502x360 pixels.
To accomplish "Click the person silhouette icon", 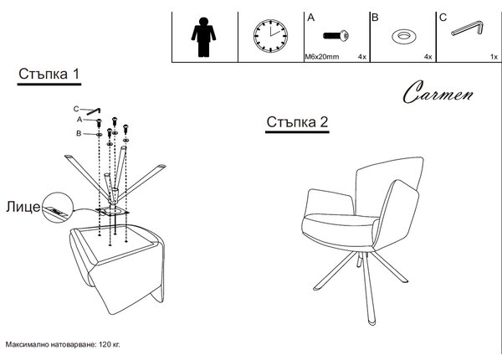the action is pyautogui.click(x=203, y=37).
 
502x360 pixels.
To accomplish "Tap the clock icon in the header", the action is pyautogui.click(x=270, y=36).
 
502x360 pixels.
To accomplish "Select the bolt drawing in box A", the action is pyautogui.click(x=336, y=35).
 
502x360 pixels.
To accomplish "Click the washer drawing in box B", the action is pyautogui.click(x=404, y=36).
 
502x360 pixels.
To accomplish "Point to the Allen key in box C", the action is pyautogui.click(x=467, y=28).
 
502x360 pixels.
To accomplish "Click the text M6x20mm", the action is pyautogui.click(x=322, y=57).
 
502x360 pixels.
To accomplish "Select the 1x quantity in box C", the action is pyautogui.click(x=494, y=57).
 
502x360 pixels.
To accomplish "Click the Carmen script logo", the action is pyautogui.click(x=438, y=92).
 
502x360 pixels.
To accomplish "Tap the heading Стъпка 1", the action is pyautogui.click(x=49, y=74).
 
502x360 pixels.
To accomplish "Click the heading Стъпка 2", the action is pyautogui.click(x=297, y=122).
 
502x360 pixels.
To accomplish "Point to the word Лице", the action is pyautogui.click(x=23, y=207).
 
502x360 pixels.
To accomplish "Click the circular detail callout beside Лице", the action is pyautogui.click(x=57, y=208).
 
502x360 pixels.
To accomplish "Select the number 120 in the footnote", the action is pyautogui.click(x=105, y=345).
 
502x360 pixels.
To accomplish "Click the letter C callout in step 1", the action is pyautogui.click(x=76, y=109).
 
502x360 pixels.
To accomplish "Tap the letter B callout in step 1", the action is pyautogui.click(x=79, y=133).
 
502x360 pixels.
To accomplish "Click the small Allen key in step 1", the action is pyautogui.click(x=94, y=111).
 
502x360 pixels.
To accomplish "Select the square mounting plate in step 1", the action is pyautogui.click(x=112, y=211).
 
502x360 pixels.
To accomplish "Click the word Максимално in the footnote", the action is pyautogui.click(x=27, y=345).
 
